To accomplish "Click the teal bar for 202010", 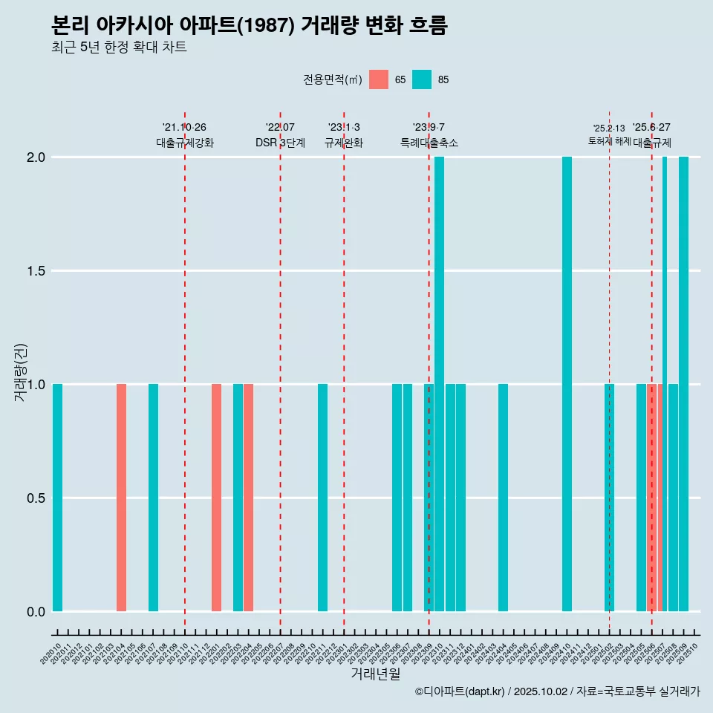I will (57, 498).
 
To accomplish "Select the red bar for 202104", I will (121, 498).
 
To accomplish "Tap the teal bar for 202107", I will (153, 498).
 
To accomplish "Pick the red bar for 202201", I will (216, 498).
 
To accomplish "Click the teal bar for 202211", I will (322, 498).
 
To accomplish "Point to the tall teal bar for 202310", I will (439, 384).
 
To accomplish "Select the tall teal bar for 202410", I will (567, 384).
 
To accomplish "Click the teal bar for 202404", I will (503, 498).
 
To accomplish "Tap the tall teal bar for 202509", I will (683, 384).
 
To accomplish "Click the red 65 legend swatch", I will (379, 79).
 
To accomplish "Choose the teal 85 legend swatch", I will (422, 79).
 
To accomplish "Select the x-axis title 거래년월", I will (375, 674).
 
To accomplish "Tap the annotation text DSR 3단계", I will (280, 143).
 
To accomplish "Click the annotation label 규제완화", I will (344, 143).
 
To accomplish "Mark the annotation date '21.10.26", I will (184, 127).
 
